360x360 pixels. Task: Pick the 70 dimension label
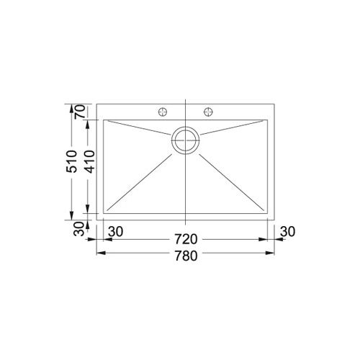80,112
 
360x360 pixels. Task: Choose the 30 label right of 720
287,232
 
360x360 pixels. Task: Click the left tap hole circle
163,112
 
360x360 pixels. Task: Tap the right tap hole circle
210,112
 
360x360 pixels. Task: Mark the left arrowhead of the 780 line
100,253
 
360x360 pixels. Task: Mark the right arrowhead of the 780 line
272,253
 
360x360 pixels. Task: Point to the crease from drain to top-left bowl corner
140,129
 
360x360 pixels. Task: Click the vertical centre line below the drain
186,187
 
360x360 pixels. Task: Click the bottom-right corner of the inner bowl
268,214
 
